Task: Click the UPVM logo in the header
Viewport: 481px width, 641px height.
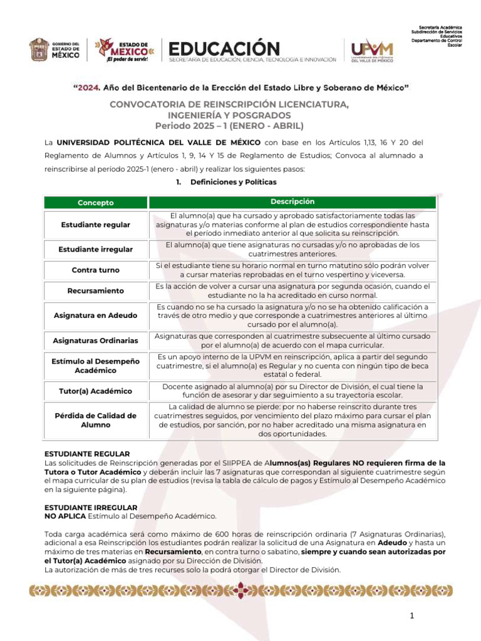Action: pos(372,50)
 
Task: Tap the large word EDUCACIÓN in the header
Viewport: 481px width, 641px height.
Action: pos(224,48)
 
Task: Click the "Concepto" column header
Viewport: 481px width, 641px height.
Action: pos(96,203)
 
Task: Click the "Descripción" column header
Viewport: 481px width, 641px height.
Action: pos(292,202)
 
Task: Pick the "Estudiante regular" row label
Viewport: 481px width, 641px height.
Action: pos(96,224)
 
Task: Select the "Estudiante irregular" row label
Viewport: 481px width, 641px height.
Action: pos(96,249)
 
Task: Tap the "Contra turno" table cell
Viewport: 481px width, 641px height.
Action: pos(96,270)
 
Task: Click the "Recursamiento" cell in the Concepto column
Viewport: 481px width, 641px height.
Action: pos(96,290)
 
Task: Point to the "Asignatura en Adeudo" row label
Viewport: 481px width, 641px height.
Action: pos(96,315)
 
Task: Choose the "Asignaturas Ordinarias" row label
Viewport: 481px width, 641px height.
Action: pos(96,341)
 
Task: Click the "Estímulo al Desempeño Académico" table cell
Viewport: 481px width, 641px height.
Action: pos(96,366)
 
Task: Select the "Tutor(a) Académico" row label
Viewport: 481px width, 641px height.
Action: pos(96,391)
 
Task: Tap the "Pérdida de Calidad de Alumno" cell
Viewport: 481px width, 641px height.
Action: pos(96,420)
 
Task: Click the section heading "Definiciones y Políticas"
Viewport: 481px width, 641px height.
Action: pos(233,182)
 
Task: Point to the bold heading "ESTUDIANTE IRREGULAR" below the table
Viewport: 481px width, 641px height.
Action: pos(90,507)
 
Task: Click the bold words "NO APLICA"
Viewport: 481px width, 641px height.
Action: pos(65,516)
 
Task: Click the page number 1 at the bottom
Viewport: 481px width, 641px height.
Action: pos(412,617)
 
